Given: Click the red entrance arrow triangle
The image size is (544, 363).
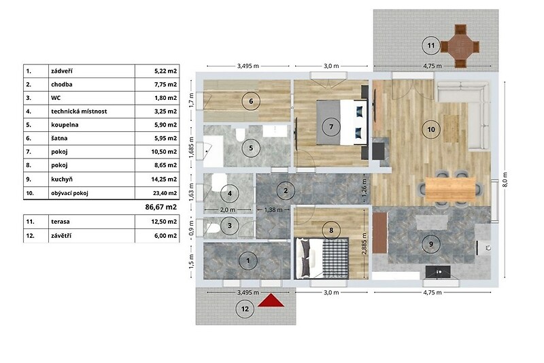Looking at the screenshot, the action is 271,300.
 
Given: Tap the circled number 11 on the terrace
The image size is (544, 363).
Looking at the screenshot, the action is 431,46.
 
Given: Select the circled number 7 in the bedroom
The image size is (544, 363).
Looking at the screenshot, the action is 331,127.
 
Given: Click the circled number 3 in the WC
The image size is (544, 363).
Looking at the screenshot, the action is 230,226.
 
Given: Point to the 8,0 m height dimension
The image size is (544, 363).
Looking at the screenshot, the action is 505,179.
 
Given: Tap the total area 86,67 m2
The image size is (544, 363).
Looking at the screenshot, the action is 161,207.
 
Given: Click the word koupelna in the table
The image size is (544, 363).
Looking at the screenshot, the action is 65,125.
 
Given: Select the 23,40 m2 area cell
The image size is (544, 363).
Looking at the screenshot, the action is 165,193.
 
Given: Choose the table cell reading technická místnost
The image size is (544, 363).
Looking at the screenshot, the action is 79,111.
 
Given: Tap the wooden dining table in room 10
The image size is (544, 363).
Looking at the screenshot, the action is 450,189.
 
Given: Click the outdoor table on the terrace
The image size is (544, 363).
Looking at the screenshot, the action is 460,46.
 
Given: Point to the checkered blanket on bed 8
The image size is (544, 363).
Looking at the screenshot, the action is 335,258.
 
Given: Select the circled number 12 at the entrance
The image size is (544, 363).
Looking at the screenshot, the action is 245,309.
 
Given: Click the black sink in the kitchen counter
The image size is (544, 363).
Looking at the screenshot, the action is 438,272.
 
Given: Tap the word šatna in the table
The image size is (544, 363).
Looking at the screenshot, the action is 59,138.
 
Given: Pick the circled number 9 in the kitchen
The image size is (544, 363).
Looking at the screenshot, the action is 431,244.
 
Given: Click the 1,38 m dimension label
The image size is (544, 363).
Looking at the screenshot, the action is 273,210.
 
